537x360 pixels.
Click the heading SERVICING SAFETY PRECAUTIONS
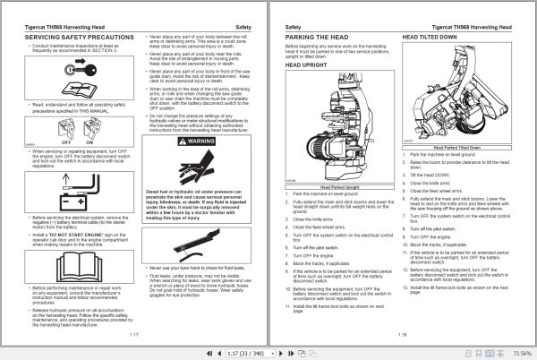pos(61,38)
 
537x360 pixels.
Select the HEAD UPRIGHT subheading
pos(304,65)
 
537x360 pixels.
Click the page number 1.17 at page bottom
pos(135,333)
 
